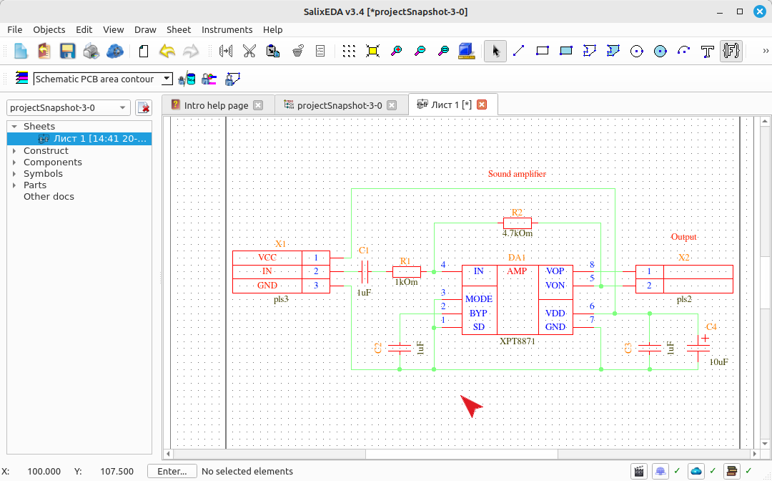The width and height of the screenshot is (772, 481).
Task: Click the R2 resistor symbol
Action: click(517, 223)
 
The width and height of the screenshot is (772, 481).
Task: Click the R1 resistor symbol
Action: click(406, 271)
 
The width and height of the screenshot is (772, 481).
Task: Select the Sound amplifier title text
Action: click(517, 173)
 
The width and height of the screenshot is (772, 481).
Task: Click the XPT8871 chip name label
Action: click(517, 341)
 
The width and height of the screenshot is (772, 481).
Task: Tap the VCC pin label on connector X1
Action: click(267, 257)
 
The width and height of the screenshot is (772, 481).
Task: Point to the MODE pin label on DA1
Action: click(478, 298)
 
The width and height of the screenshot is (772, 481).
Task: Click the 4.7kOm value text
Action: click(517, 233)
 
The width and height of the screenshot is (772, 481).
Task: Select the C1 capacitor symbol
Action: click(365, 271)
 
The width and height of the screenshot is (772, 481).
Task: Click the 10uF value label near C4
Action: click(718, 361)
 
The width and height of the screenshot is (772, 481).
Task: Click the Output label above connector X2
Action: click(684, 236)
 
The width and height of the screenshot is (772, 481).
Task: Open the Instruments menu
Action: click(227, 29)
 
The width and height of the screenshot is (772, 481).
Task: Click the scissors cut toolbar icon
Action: click(249, 51)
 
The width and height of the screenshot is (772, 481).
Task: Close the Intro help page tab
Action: click(258, 105)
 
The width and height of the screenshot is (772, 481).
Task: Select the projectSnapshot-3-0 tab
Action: click(340, 105)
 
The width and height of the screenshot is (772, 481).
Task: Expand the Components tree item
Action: click(14, 162)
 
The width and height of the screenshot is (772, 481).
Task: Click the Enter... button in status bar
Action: click(172, 471)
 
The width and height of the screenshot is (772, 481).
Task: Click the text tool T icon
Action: click(707, 51)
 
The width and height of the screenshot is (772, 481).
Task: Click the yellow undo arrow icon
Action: click(167, 51)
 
